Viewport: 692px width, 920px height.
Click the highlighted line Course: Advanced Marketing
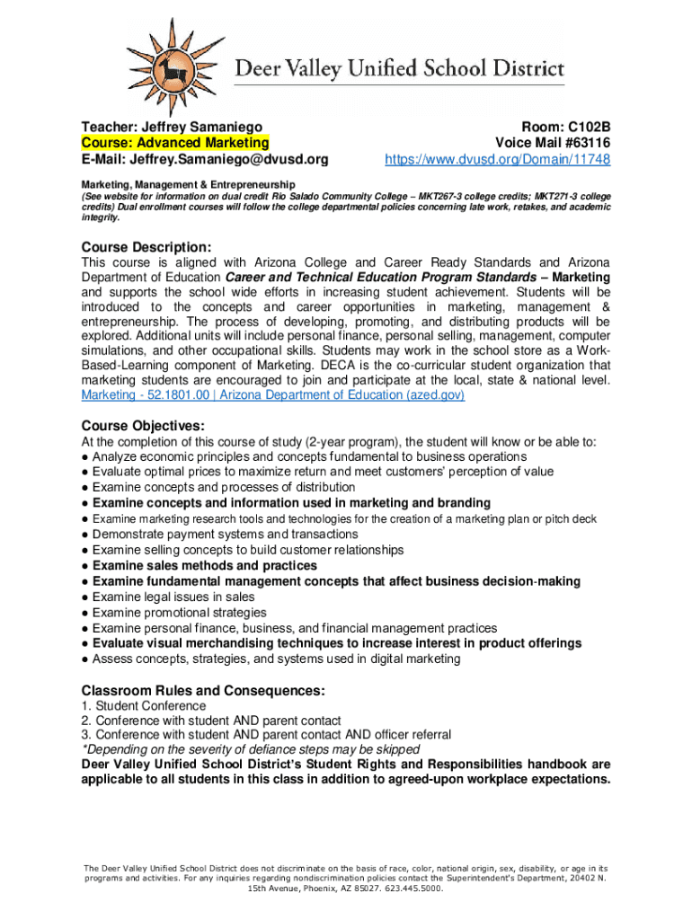tap(175, 143)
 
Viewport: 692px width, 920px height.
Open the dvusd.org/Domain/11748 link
tap(498, 160)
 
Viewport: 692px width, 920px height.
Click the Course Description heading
tap(146, 247)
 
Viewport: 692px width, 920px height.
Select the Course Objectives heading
tap(143, 425)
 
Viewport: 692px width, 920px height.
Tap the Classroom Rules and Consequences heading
tap(203, 691)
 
